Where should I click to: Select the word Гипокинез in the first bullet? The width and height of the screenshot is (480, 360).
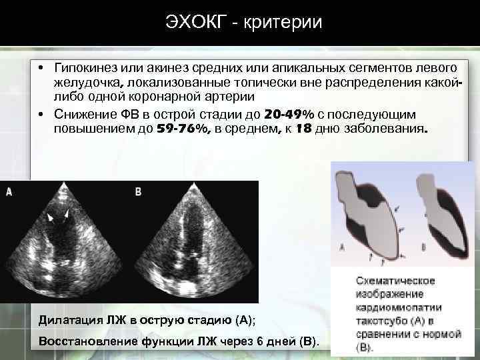[87, 68]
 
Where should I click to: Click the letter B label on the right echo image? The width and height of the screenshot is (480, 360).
[139, 192]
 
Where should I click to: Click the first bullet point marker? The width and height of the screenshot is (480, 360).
[41, 69]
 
